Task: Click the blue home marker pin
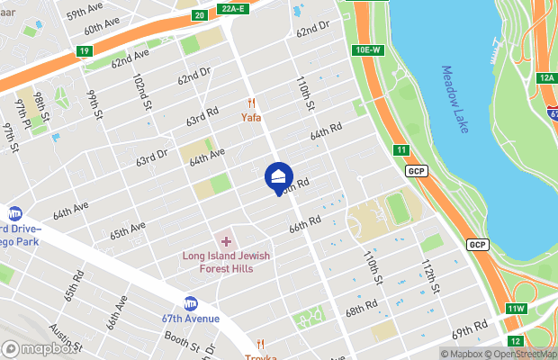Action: click(279, 176)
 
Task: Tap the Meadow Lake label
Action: click(455, 100)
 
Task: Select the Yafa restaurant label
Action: click(250, 116)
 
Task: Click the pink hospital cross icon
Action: click(226, 241)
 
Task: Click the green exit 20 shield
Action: click(199, 15)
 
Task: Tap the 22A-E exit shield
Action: click(233, 8)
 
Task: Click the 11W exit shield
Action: click(515, 310)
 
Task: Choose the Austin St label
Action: click(66, 337)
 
